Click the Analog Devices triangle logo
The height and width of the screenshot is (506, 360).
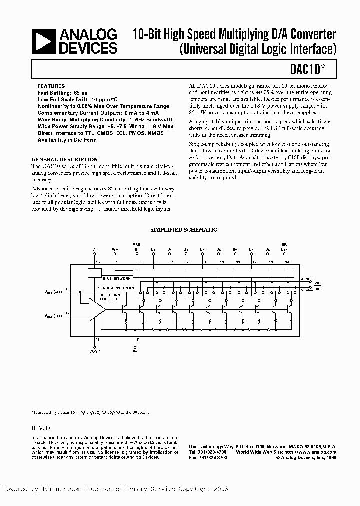tap(44, 41)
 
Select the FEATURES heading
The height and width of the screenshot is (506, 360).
tap(51, 86)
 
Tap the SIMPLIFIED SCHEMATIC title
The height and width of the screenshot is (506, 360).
tap(184, 230)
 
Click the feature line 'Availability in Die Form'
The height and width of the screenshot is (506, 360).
tap(68, 140)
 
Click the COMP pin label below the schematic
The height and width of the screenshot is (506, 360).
tap(95, 352)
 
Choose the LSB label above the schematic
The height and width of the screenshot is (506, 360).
tap(284, 244)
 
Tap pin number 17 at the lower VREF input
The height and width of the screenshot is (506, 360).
tap(68, 313)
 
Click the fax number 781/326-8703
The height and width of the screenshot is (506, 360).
tap(208, 456)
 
